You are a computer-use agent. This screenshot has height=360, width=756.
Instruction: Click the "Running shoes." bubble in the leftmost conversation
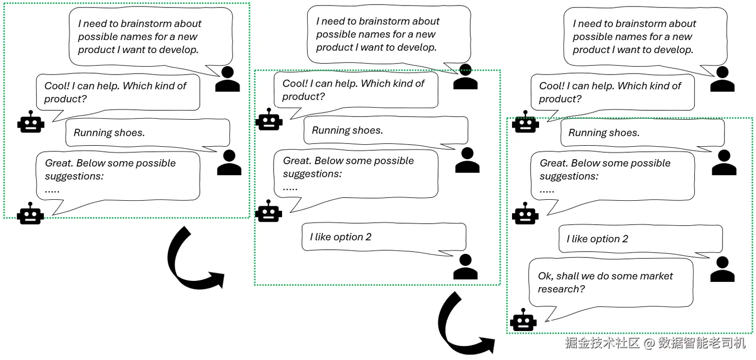(x=147, y=133)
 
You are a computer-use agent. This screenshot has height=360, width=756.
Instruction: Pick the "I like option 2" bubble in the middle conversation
(x=383, y=237)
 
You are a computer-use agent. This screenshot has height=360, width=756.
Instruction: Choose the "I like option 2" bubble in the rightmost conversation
(x=640, y=239)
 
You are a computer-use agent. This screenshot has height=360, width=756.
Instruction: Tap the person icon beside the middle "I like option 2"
(x=465, y=267)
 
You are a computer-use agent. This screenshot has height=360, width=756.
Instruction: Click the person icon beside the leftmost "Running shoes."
(x=229, y=162)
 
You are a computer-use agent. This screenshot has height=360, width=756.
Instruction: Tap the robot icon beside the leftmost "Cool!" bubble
(x=31, y=122)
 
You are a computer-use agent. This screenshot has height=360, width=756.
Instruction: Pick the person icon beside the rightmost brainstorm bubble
(x=722, y=79)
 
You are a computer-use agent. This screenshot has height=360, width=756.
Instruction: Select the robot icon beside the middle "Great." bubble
(x=269, y=211)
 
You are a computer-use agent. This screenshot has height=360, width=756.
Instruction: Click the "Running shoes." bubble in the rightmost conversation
(x=642, y=133)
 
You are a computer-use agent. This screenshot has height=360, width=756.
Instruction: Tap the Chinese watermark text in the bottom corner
(x=655, y=343)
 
